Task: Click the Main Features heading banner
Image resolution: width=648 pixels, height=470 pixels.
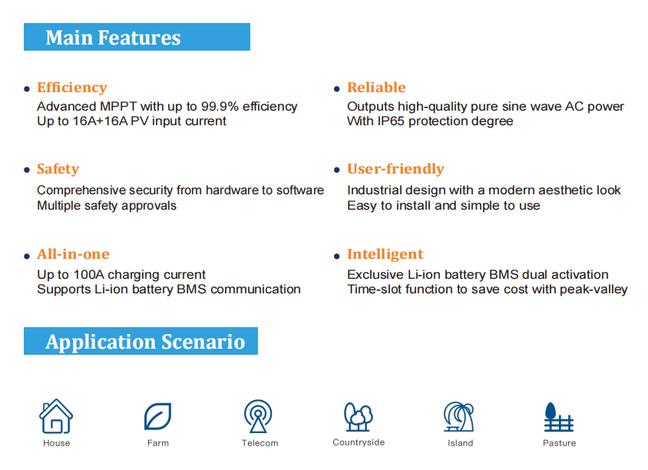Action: [x=137, y=37]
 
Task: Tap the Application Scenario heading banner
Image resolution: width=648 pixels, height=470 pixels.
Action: [x=141, y=341]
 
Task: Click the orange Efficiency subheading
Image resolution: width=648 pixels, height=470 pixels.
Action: [x=72, y=88]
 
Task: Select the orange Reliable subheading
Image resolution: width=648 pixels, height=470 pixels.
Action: [x=376, y=88]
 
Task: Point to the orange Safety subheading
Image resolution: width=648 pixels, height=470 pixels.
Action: [x=58, y=169]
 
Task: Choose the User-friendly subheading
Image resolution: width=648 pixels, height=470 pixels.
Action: [x=395, y=169]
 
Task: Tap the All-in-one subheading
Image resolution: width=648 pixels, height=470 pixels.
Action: [x=73, y=253]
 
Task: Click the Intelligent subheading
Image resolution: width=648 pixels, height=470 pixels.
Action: [x=385, y=254]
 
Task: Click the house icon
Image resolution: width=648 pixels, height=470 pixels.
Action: [x=56, y=416]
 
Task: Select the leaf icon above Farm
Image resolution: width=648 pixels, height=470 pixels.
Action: [x=157, y=416]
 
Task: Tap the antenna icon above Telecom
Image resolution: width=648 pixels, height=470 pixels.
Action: [x=258, y=415]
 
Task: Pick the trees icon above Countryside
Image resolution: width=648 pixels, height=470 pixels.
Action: [x=359, y=417]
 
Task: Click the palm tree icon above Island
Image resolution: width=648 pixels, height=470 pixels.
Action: [x=458, y=417]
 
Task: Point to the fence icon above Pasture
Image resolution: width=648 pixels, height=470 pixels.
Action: [x=559, y=417]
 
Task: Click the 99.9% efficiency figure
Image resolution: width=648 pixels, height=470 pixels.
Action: [x=220, y=106]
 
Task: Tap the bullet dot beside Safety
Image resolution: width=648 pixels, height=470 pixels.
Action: [x=27, y=170]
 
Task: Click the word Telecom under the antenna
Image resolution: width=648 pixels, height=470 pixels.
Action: [x=260, y=443]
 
